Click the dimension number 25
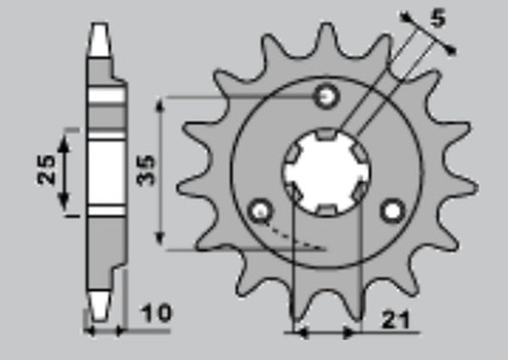tap(46, 170)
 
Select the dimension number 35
tap(146, 170)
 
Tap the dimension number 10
tap(155, 313)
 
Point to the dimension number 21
tap(396, 320)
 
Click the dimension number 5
tap(438, 18)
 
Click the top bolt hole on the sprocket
tap(327, 96)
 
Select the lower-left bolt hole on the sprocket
tap(260, 211)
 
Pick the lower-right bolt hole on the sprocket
tap(394, 211)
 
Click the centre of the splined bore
tap(327, 171)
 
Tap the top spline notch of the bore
tap(326, 133)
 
